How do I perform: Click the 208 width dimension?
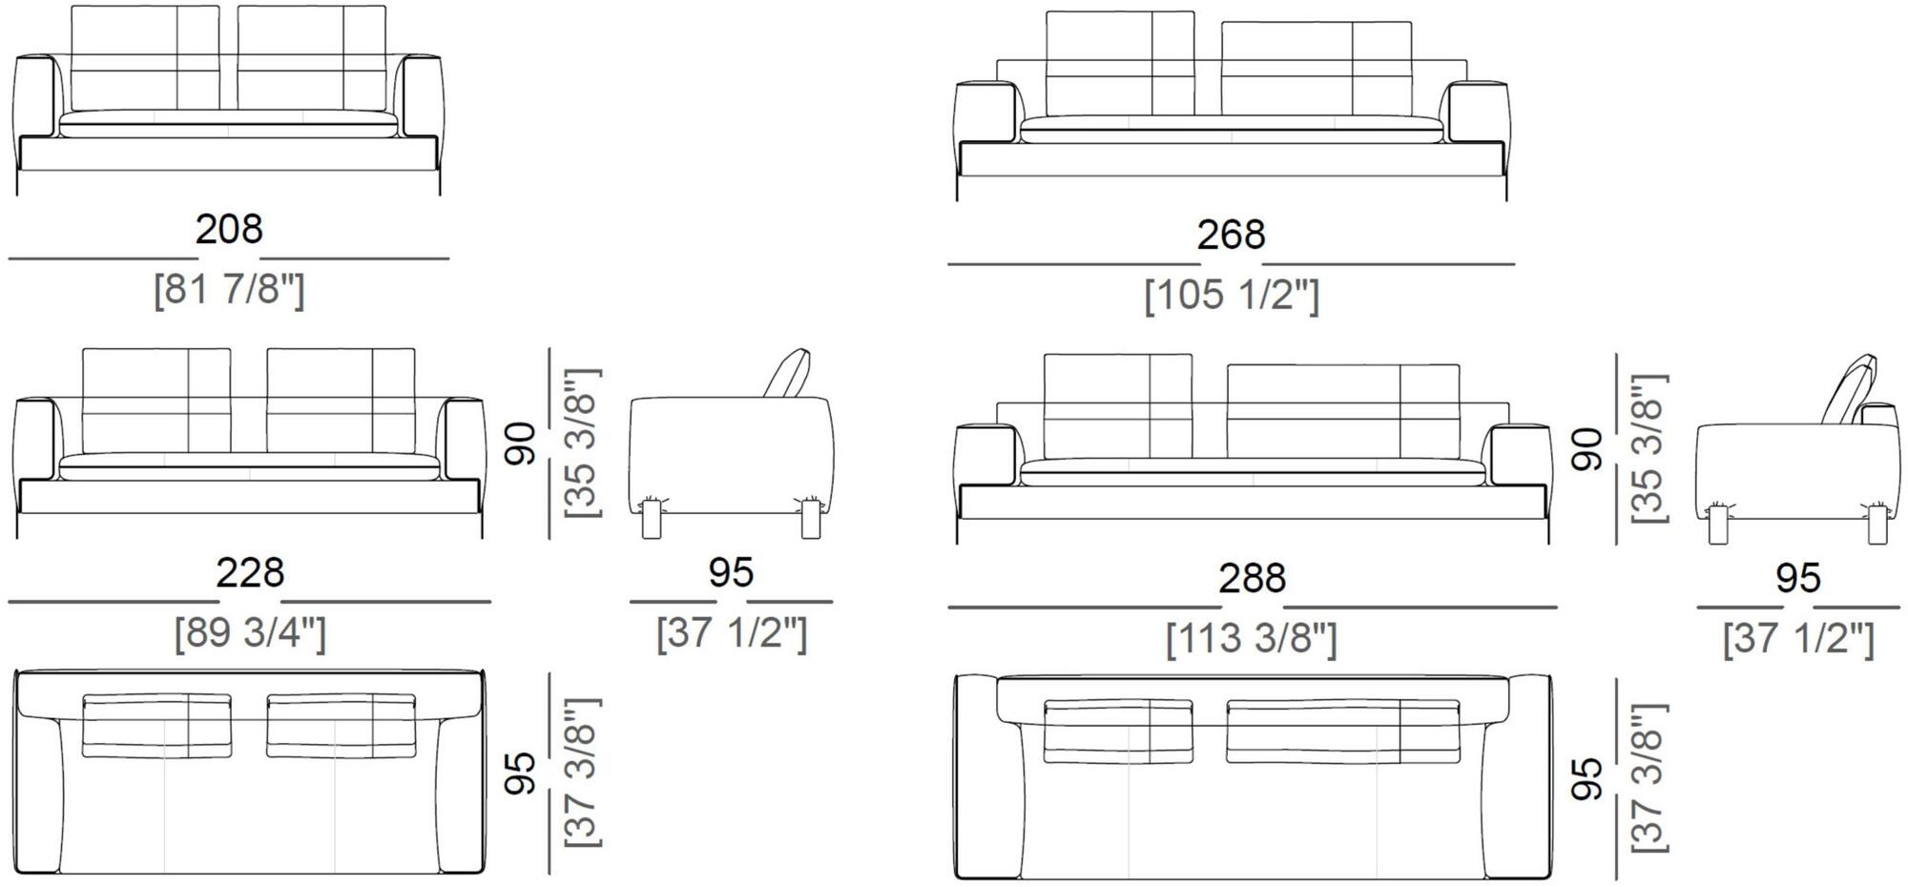tap(229, 230)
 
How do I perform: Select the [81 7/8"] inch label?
tap(229, 289)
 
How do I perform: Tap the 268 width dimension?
tap(1231, 236)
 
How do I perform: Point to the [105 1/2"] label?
tap(1231, 295)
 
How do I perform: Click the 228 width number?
tap(250, 573)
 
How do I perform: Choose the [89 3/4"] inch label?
tap(250, 633)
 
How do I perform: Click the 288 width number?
tap(1252, 579)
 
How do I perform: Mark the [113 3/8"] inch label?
tap(1252, 639)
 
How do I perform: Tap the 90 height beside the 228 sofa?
tap(521, 443)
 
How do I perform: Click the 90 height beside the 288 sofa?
tap(1587, 449)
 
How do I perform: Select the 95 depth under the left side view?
tap(731, 573)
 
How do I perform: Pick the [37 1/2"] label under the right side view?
tap(1798, 639)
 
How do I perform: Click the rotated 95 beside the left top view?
tap(521, 774)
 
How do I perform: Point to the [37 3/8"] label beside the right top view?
tap(1649, 778)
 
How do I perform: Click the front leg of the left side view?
tap(651, 520)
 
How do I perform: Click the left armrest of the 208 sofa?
tap(35, 95)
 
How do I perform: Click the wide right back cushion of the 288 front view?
tap(1342, 411)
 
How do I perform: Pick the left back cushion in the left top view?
tap(156, 726)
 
